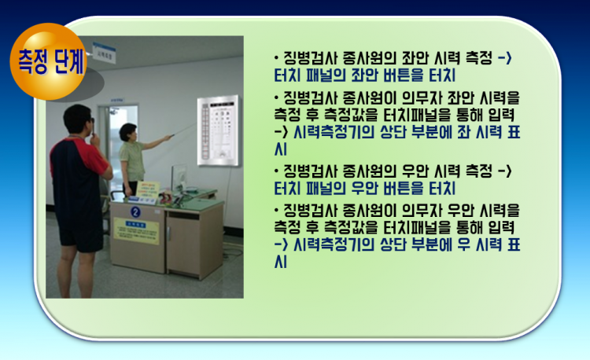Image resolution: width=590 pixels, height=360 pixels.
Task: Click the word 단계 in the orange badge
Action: pyautogui.click(x=68, y=61)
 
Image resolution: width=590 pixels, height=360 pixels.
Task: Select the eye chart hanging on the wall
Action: pyautogui.click(x=218, y=130)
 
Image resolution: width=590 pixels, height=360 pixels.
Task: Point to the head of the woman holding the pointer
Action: pyautogui.click(x=128, y=132)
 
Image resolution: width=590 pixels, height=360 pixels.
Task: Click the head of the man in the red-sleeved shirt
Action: pyautogui.click(x=78, y=119)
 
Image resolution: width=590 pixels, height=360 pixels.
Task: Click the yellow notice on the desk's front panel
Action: pyautogui.click(x=136, y=231)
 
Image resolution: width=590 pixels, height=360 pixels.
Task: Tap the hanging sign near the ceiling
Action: pyautogui.click(x=104, y=52)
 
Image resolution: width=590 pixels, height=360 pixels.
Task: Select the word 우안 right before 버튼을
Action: pyautogui.click(x=364, y=188)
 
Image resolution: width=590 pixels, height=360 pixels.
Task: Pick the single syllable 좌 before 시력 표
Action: pyautogui.click(x=463, y=132)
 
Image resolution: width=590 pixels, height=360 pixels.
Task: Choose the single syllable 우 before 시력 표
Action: pyautogui.click(x=463, y=245)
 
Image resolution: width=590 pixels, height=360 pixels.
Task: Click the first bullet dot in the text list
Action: pyautogui.click(x=277, y=58)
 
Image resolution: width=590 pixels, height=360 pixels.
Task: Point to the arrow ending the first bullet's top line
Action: pyautogui.click(x=504, y=58)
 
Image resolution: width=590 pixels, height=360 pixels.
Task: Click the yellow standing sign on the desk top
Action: pyautogui.click(x=148, y=189)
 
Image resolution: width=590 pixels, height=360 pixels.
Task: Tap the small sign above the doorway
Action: pyautogui.click(x=117, y=101)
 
